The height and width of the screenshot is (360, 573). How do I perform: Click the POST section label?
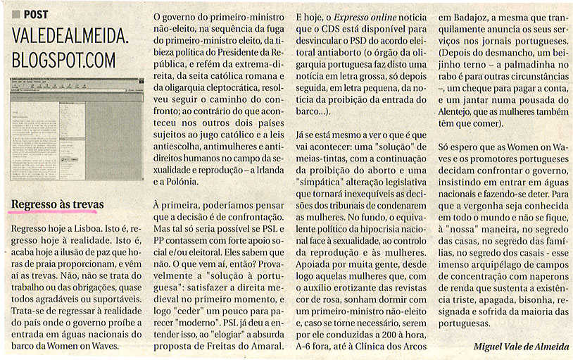(x=36, y=14)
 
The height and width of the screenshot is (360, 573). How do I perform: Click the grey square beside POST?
(x=16, y=14)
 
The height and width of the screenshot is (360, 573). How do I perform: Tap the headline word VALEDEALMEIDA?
(x=70, y=39)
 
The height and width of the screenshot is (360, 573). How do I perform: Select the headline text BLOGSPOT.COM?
(x=63, y=60)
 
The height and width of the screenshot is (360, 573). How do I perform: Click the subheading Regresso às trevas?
(x=58, y=204)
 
